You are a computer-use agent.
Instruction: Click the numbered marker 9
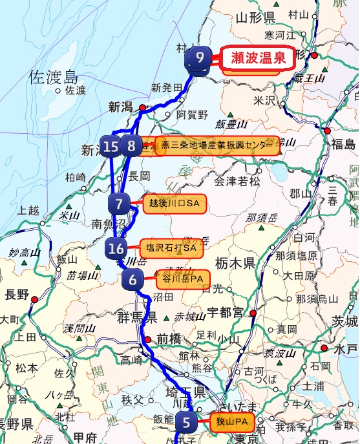pyautogui.click(x=200, y=58)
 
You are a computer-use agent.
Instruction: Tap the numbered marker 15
pyautogui.click(x=111, y=146)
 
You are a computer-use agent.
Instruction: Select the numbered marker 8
pyautogui.click(x=131, y=146)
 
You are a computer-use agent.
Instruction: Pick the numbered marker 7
pyautogui.click(x=119, y=204)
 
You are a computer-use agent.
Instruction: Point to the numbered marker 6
pyautogui.click(x=132, y=280)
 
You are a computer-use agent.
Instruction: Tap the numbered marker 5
pyautogui.click(x=186, y=423)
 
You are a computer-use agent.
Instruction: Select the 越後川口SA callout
pyautogui.click(x=174, y=204)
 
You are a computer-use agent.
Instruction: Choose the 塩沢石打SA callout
pyautogui.click(x=171, y=248)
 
